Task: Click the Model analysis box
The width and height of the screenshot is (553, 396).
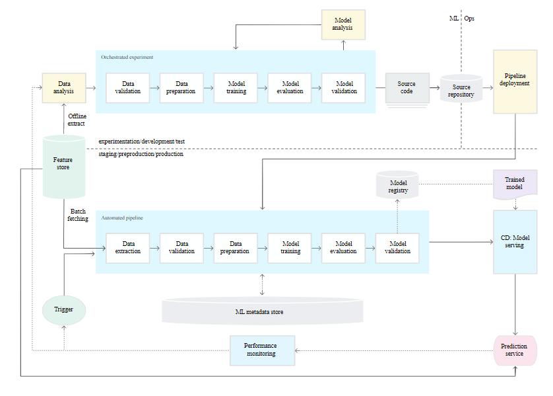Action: point(343,24)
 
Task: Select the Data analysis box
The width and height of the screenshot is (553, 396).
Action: point(64,88)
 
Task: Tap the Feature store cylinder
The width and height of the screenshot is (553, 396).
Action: point(64,166)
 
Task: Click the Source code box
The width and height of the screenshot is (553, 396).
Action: point(407,89)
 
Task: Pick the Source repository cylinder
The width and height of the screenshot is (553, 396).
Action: point(461,89)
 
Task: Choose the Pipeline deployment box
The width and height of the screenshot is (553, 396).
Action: point(515,81)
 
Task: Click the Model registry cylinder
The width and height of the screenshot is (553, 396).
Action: point(397,184)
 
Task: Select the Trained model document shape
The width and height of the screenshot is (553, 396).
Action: point(515,184)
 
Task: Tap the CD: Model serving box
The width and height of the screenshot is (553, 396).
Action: point(515,242)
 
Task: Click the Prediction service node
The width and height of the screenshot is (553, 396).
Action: point(515,350)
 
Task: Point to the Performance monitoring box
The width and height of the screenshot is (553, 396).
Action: point(262,350)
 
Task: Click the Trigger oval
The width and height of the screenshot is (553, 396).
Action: point(64,310)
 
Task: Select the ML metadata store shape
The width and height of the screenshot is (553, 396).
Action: point(262,311)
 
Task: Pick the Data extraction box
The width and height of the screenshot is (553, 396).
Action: point(127,248)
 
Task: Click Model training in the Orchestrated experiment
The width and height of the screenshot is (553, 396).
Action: point(236,88)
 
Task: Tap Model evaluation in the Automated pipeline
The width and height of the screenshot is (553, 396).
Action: point(343,248)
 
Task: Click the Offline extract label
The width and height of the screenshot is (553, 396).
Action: point(77,120)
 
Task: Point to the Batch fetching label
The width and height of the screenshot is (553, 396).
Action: point(78,215)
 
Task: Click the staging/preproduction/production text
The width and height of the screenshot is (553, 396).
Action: point(141,154)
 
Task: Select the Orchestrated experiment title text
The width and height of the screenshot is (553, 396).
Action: point(127,58)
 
